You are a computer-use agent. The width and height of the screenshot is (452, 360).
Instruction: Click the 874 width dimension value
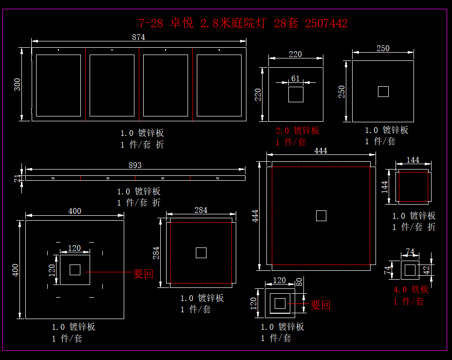(138, 37)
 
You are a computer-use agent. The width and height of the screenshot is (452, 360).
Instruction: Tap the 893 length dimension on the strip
(135, 165)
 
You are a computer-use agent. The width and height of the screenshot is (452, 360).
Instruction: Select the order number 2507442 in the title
(326, 23)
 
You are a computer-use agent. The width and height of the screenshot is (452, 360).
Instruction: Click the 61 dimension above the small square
(296, 78)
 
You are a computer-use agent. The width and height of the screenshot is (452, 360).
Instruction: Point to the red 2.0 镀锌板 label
(297, 131)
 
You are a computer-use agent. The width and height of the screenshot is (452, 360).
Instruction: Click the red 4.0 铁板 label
(411, 289)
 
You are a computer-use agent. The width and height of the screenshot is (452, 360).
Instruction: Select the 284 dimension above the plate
(201, 210)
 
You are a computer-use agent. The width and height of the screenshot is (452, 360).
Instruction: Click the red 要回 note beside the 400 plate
(143, 274)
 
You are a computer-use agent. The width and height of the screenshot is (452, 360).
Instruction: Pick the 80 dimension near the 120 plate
(299, 281)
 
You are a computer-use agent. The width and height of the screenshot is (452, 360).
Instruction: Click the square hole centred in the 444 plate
(321, 216)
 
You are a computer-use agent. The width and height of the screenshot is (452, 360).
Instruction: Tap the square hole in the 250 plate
(383, 92)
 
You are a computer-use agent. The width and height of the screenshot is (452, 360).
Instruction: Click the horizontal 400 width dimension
(75, 211)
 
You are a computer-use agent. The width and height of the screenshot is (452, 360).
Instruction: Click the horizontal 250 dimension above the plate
(383, 48)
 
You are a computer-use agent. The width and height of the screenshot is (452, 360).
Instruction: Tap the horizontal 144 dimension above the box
(413, 160)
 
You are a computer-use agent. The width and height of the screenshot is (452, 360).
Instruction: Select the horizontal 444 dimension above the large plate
(320, 151)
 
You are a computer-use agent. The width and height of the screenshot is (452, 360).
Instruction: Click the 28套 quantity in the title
(286, 23)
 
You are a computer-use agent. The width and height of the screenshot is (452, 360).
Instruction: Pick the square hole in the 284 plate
(201, 253)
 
